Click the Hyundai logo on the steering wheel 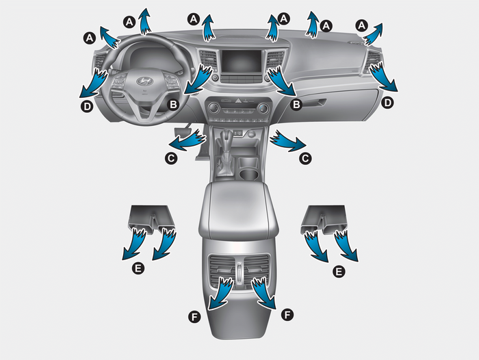[144, 81]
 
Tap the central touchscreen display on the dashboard [242, 62]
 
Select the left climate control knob [213, 108]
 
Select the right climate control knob [263, 108]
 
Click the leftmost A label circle [89, 38]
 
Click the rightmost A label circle [362, 25]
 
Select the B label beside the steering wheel [173, 105]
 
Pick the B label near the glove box [296, 105]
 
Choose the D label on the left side [87, 107]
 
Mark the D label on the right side [388, 103]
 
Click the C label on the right [305, 158]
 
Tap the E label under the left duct [138, 268]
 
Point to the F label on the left [194, 317]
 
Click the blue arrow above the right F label [263, 293]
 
